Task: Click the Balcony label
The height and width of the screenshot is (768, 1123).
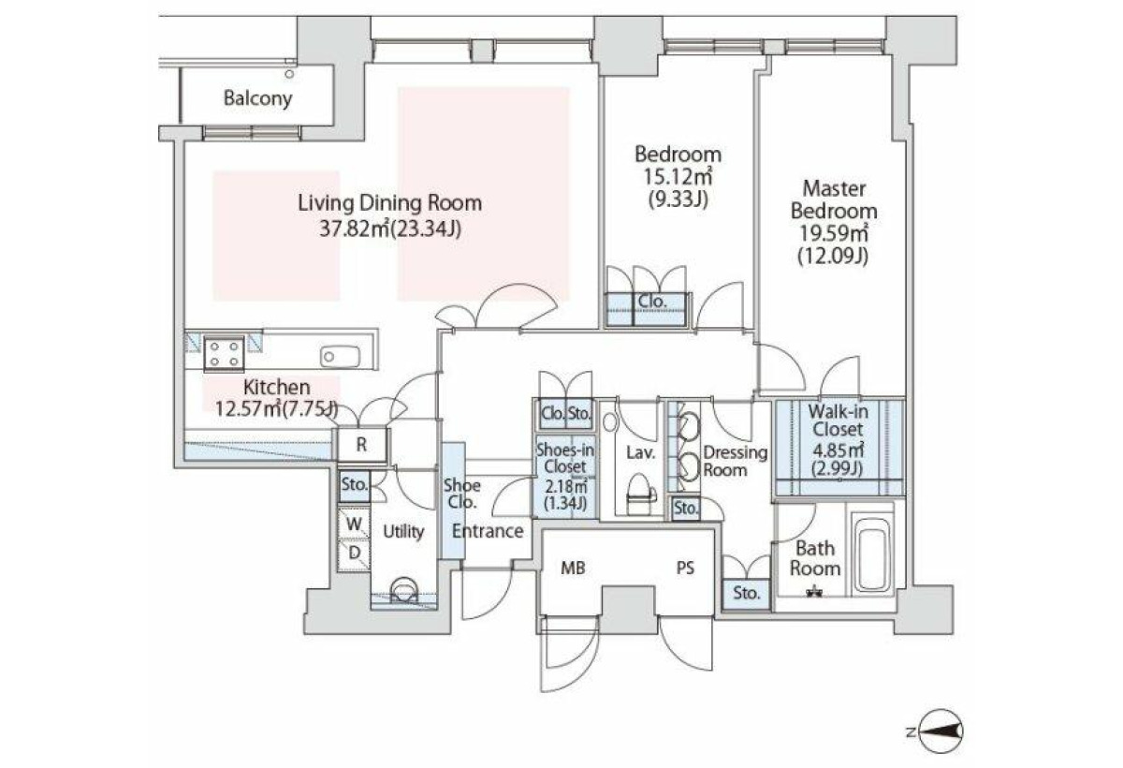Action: tap(257, 97)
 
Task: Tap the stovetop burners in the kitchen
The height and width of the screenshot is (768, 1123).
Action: tap(224, 354)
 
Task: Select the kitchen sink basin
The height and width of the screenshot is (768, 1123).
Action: tap(340, 356)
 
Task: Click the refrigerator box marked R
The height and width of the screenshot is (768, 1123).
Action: tap(362, 444)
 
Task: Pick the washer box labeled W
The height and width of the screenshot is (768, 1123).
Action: tap(354, 524)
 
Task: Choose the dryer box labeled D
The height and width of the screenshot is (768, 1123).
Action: tap(354, 554)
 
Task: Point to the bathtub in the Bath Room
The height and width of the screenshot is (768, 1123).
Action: tap(873, 554)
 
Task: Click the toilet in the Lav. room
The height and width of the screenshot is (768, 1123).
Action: tap(641, 495)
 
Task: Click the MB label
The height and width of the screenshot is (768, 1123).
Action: tap(573, 569)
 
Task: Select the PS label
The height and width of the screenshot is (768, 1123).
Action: tap(685, 568)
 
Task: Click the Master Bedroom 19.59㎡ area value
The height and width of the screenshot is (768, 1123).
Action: tap(834, 233)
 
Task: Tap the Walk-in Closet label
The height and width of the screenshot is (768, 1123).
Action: tap(838, 421)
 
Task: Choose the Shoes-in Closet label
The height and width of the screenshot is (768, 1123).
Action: tap(565, 458)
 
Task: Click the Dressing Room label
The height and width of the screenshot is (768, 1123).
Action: tap(736, 461)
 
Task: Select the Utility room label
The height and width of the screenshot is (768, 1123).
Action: tap(403, 532)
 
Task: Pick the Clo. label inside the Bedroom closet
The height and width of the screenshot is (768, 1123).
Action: tap(652, 302)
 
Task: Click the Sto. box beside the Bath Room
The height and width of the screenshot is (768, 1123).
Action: tap(747, 594)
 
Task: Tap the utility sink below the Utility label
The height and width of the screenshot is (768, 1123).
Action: tap(403, 590)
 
